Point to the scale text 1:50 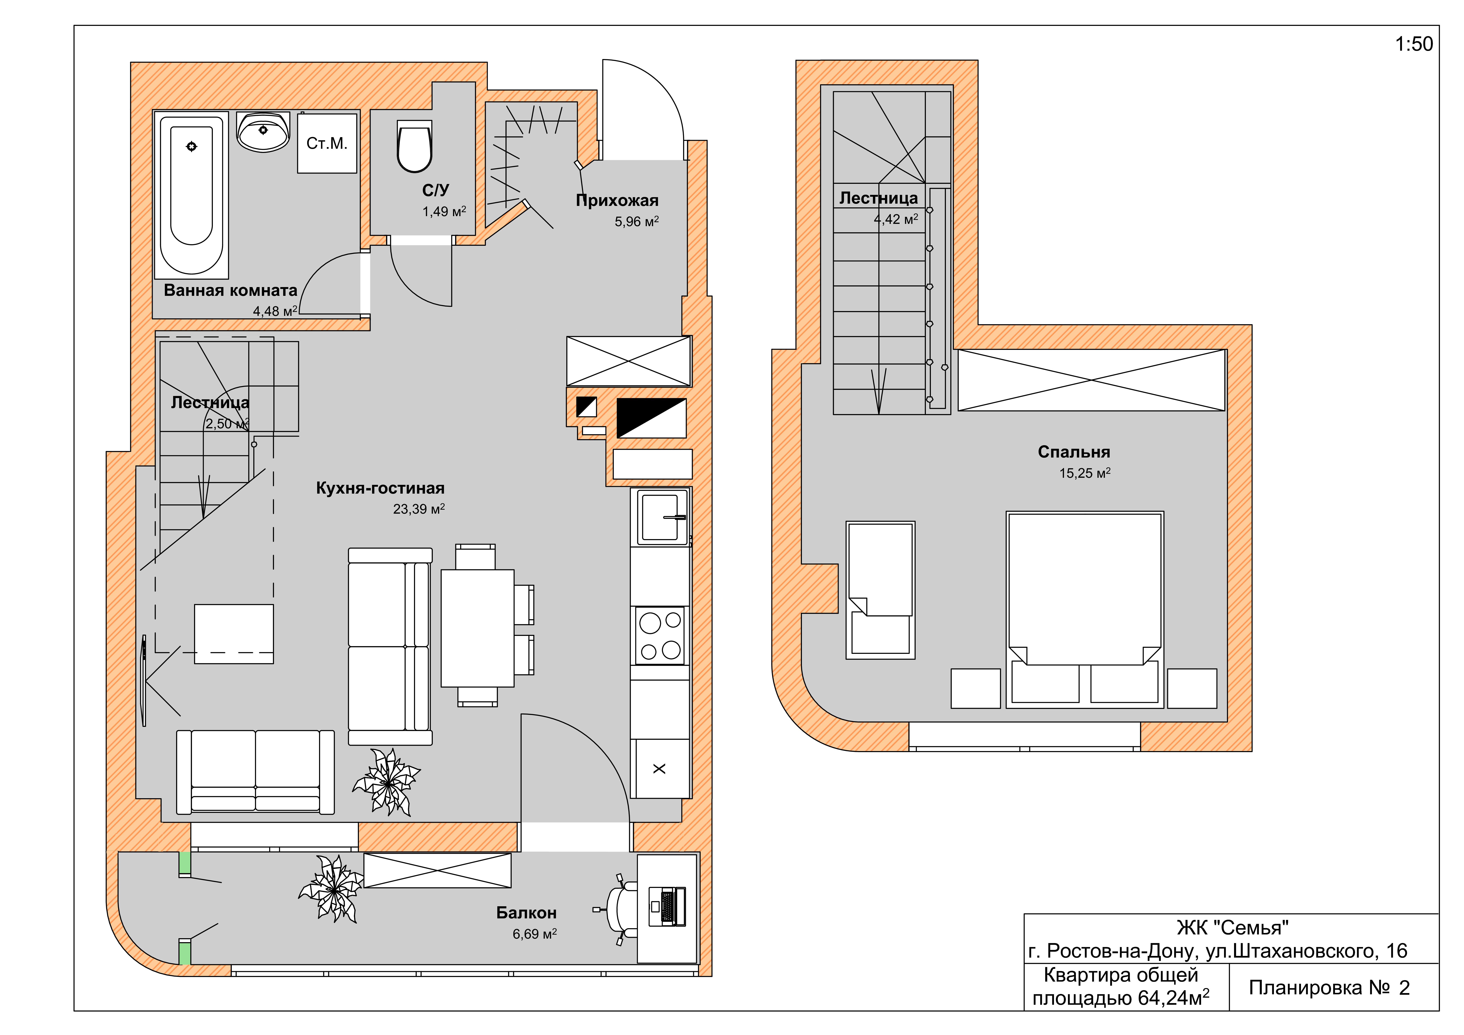[x=1414, y=44]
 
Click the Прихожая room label [x=617, y=200]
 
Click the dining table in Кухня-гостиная [x=478, y=628]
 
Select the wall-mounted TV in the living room [x=144, y=680]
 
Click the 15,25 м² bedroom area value [x=1085, y=473]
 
